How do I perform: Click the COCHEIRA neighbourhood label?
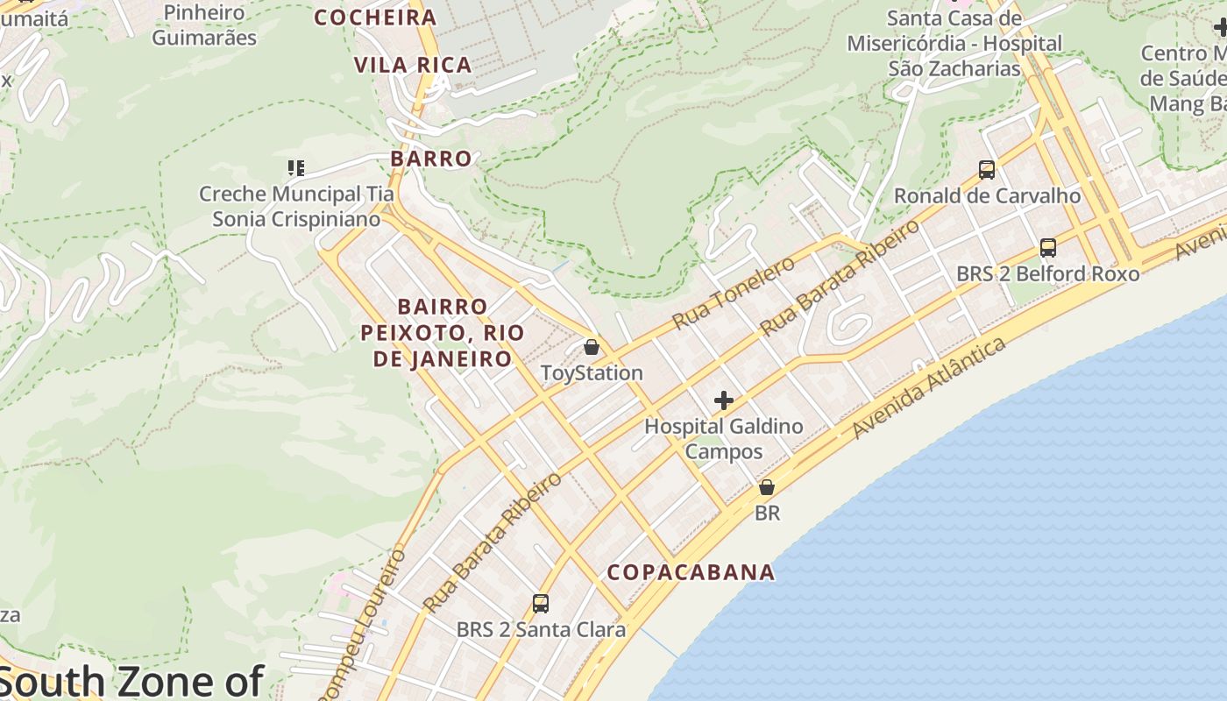pyautogui.click(x=375, y=18)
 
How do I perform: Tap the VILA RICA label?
pyautogui.click(x=413, y=65)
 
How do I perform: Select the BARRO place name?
pyautogui.click(x=431, y=159)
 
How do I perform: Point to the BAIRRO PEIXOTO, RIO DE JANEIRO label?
pyautogui.click(x=443, y=333)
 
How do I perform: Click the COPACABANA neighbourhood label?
pyautogui.click(x=691, y=572)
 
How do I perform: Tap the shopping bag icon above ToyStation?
pyautogui.click(x=592, y=347)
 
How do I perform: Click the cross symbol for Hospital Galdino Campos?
pyautogui.click(x=723, y=400)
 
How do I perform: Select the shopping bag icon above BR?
pyautogui.click(x=767, y=487)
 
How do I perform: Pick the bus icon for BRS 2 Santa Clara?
pyautogui.click(x=541, y=603)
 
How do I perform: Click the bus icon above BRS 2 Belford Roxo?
pyautogui.click(x=1047, y=247)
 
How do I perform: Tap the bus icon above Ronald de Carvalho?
pyautogui.click(x=987, y=169)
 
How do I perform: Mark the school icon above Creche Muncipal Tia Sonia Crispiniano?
pyautogui.click(x=296, y=167)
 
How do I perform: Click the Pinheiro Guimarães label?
pyautogui.click(x=204, y=25)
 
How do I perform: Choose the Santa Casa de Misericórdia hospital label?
pyautogui.click(x=954, y=43)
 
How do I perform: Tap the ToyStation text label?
pyautogui.click(x=592, y=373)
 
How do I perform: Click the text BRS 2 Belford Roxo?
pyautogui.click(x=1047, y=273)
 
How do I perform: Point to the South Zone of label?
pyautogui.click(x=131, y=682)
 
